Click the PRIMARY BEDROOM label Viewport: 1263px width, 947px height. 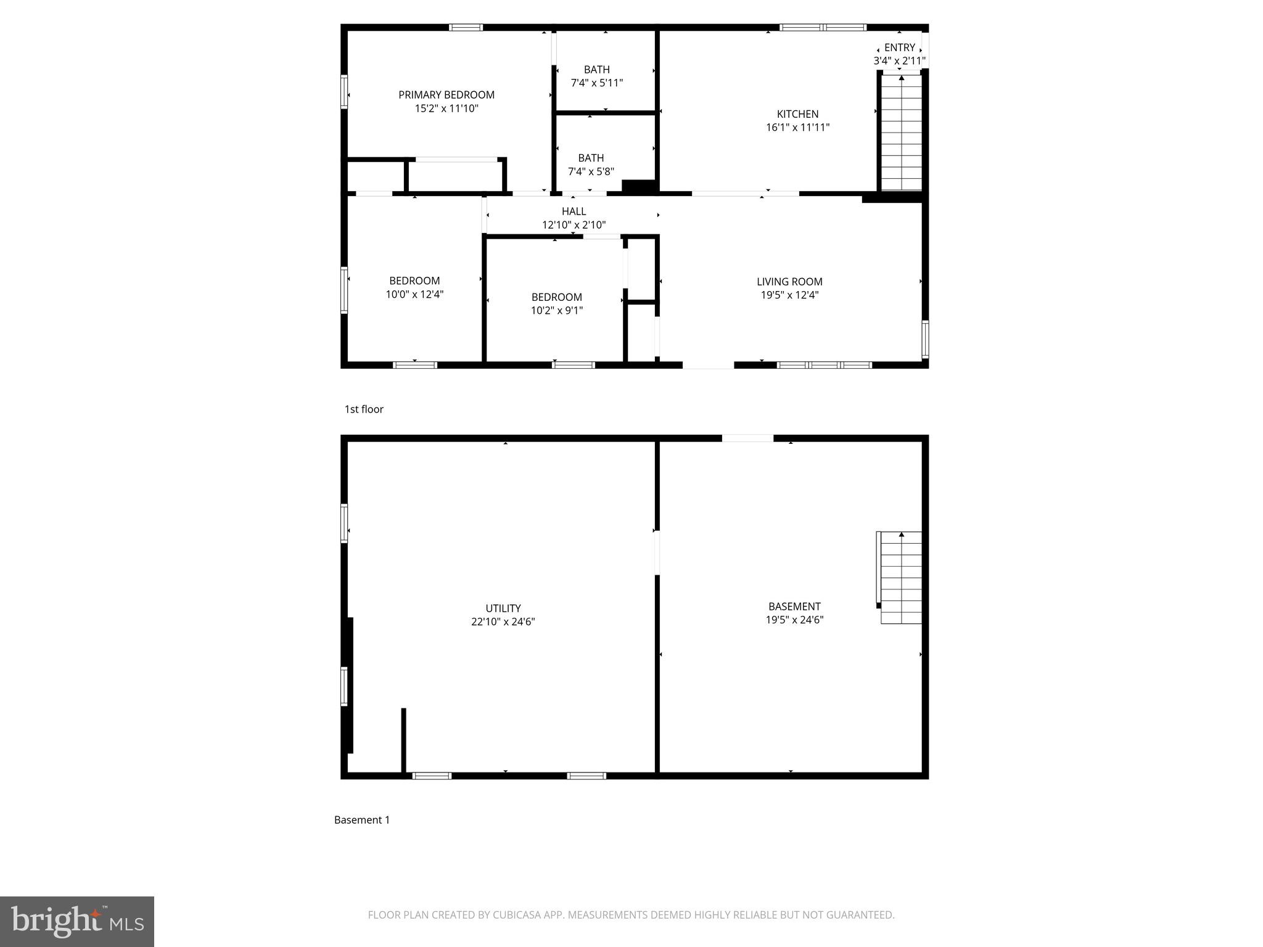pos(446,95)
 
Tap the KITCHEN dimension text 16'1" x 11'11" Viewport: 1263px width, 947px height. pos(797,128)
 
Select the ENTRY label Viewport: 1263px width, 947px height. pos(899,47)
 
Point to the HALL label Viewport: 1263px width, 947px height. pos(574,211)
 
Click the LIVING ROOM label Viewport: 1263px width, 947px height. pos(789,282)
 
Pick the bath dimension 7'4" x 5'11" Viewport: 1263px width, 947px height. pos(596,83)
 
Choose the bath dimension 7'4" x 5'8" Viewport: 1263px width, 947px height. pos(591,171)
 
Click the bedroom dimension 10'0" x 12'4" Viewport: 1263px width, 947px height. pos(414,295)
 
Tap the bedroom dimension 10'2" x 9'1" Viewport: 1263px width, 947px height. pos(556,311)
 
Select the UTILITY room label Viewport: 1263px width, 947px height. pos(503,609)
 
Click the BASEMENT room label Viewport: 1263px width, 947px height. pos(794,607)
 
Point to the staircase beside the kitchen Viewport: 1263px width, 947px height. pos(901,132)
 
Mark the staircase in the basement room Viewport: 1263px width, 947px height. pos(901,578)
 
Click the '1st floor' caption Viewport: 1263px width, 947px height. pos(364,409)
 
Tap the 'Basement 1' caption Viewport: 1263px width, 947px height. pos(362,820)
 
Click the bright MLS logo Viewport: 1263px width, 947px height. pos(77,921)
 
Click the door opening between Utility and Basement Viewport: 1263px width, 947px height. pos(657,552)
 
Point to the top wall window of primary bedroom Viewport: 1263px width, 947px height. pos(466,27)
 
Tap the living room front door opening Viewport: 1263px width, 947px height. pos(708,365)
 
